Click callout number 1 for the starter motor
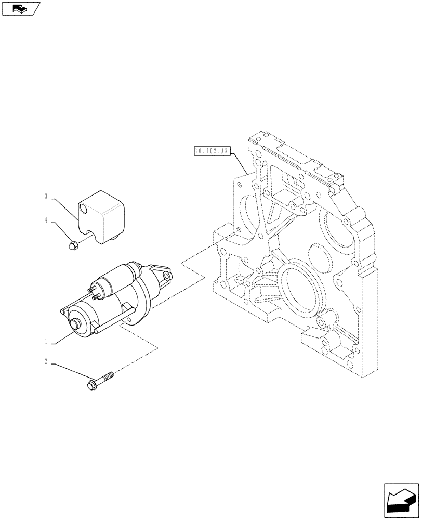pos(46,342)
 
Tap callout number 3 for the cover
pos(46,197)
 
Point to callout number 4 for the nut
pos(46,221)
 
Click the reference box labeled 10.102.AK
pos(212,151)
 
